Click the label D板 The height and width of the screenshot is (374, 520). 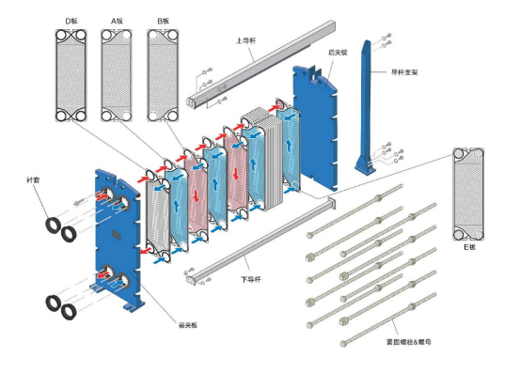coord(71,22)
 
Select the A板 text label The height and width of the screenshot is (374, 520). coord(117,22)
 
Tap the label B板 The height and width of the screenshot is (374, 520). coord(164,22)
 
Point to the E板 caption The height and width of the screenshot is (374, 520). coord(469,247)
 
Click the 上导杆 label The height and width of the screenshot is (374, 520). coord(245,40)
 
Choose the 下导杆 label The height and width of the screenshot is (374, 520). coord(251,280)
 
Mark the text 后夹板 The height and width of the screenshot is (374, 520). coord(338,53)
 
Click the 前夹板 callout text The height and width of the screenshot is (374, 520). coord(188,325)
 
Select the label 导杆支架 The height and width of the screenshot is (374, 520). coord(404,71)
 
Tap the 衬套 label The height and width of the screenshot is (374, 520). coord(33,180)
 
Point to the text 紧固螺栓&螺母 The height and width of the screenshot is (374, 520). coord(408,342)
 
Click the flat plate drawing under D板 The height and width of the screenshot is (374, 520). coord(71,75)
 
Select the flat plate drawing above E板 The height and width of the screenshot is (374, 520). coord(468,195)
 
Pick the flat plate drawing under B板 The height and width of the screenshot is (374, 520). coord(163,75)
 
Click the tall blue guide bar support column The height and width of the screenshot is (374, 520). coord(366,106)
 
